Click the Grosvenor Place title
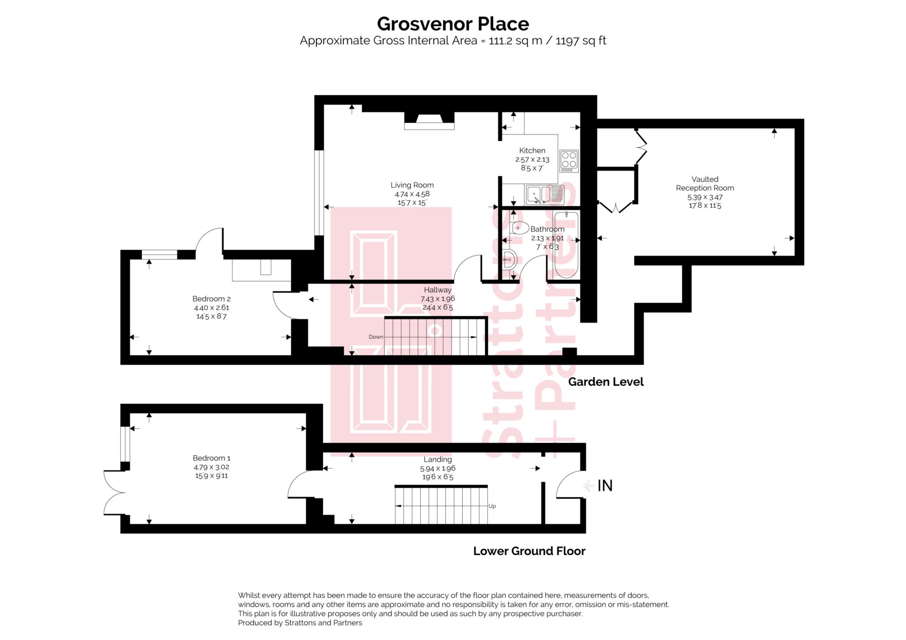pos(453,24)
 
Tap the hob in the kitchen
pos(569,161)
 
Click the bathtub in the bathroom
pos(566,244)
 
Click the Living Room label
pos(412,185)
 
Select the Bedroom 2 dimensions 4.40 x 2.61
pos(211,307)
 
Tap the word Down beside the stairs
pos(376,337)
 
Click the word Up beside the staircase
pos(492,506)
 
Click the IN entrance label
pos(605,486)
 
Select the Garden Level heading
pos(606,382)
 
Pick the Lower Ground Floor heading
pos(529,551)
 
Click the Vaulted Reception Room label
pos(705,184)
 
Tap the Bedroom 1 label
pos(211,458)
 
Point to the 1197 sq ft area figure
pos(580,41)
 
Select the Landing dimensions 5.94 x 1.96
pos(438,468)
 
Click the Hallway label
pos(438,290)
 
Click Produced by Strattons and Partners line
pos(300,623)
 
